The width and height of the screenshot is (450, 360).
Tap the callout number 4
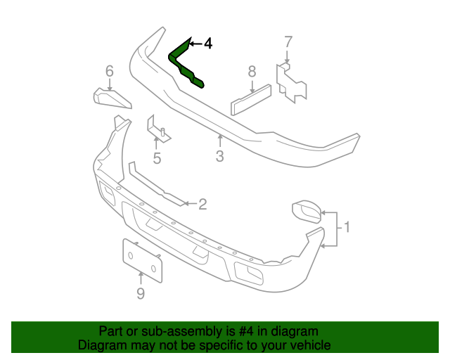(x=207, y=44)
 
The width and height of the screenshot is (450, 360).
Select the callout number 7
(x=287, y=41)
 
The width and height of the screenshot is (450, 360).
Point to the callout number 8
(x=252, y=70)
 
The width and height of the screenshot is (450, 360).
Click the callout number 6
(x=109, y=70)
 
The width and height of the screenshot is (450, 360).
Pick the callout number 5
(x=157, y=158)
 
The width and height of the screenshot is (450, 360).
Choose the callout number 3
(x=219, y=156)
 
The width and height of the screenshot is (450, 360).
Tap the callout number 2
(x=202, y=204)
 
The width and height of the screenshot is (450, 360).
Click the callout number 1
(x=346, y=227)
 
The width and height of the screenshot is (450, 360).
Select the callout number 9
(x=140, y=293)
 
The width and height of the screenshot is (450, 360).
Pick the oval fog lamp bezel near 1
(x=307, y=210)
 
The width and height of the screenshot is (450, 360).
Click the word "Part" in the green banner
(x=112, y=331)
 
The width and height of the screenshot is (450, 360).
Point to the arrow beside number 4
(x=195, y=44)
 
